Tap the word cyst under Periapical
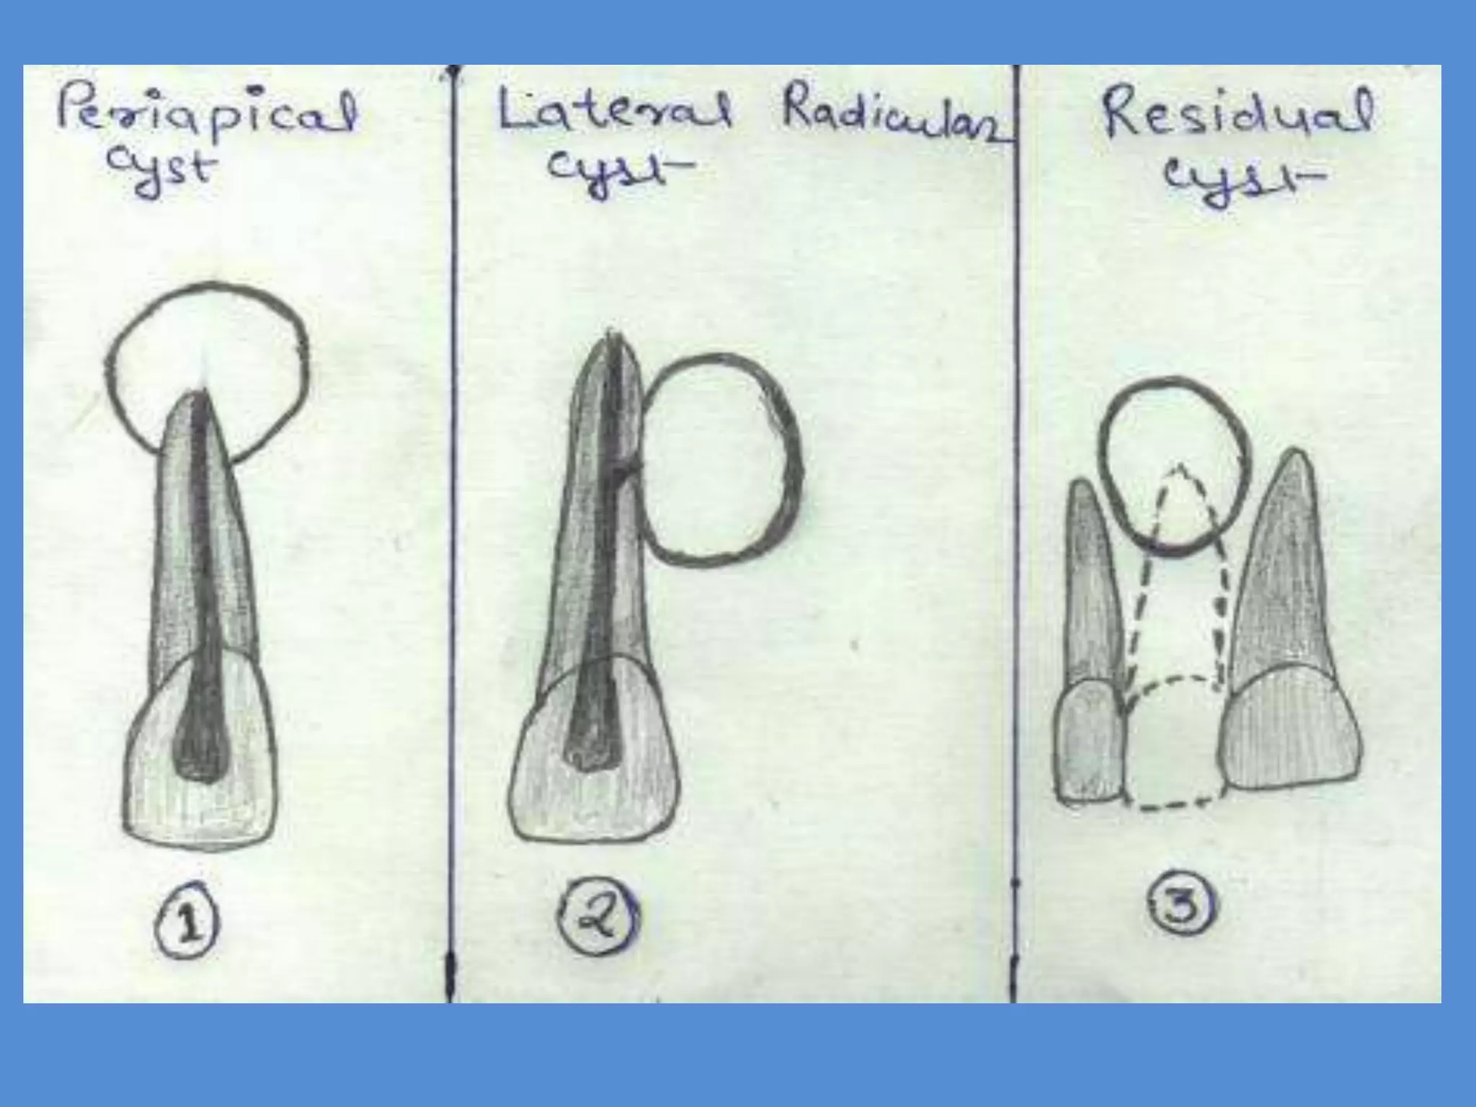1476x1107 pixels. click(160, 173)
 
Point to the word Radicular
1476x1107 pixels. click(894, 119)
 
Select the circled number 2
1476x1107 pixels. click(598, 915)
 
